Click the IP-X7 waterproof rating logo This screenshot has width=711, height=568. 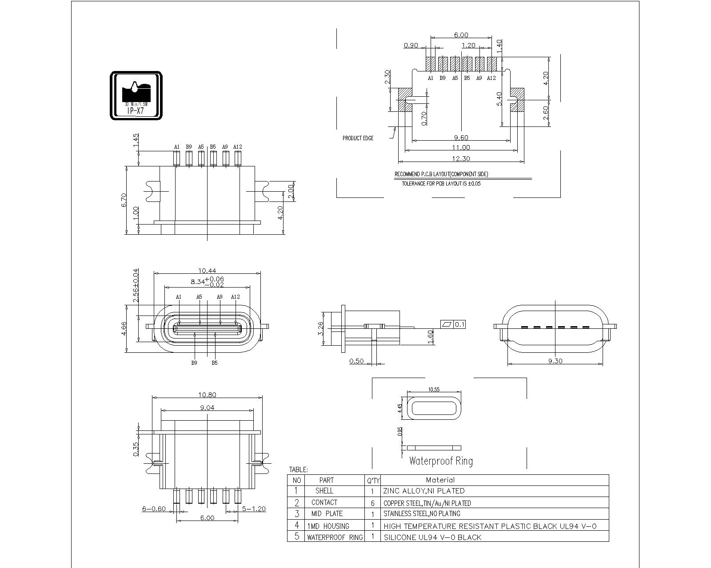click(x=136, y=95)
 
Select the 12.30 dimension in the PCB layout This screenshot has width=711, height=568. click(x=461, y=158)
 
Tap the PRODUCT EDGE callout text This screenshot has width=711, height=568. click(x=358, y=138)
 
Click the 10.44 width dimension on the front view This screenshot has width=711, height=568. click(x=207, y=270)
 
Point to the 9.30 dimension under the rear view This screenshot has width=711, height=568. click(x=555, y=361)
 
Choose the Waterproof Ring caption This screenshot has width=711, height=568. click(x=440, y=461)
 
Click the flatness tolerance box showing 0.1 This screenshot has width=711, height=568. click(x=453, y=324)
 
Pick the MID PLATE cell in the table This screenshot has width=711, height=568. click(x=327, y=513)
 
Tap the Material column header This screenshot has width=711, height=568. click(x=440, y=480)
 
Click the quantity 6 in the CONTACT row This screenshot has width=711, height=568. click(x=372, y=503)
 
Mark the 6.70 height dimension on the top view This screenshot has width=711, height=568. click(x=124, y=200)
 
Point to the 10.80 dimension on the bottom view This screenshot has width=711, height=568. click(x=207, y=394)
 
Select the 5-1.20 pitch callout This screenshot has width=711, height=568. click(x=253, y=509)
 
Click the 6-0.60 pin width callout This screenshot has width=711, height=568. click(x=154, y=509)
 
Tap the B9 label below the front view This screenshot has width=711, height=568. click(x=194, y=363)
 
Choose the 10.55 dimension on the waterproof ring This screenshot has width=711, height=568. click(x=434, y=390)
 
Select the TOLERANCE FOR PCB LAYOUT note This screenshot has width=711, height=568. click(x=441, y=183)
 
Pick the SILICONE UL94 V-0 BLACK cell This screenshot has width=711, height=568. click(x=432, y=537)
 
